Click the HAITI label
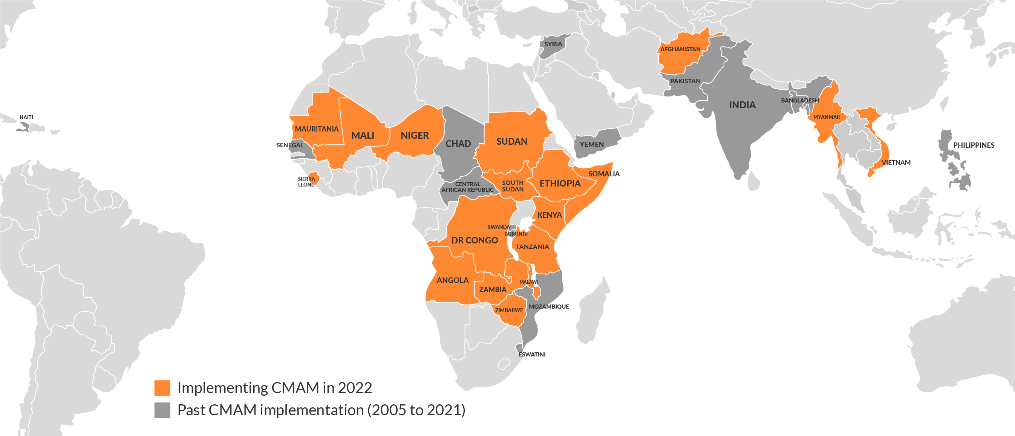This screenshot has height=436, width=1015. pyautogui.click(x=26, y=117)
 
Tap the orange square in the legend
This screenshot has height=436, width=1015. pyautogui.click(x=162, y=388)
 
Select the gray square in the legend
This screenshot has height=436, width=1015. pyautogui.click(x=162, y=410)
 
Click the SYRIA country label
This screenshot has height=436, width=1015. pyautogui.click(x=553, y=44)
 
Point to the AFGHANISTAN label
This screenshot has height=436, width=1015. pyautogui.click(x=680, y=49)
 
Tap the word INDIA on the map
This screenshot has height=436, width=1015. pyautogui.click(x=742, y=105)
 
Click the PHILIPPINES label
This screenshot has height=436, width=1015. pyautogui.click(x=974, y=145)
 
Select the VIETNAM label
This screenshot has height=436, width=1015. pyautogui.click(x=896, y=162)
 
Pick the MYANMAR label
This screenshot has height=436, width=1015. pyautogui.click(x=827, y=117)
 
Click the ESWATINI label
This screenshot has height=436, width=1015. pyautogui.click(x=532, y=354)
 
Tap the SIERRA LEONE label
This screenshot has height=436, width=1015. pyautogui.click(x=306, y=182)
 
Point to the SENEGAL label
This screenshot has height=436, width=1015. pyautogui.click(x=290, y=145)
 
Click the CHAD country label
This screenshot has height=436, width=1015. pyautogui.click(x=458, y=144)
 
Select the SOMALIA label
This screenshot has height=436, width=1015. pyautogui.click(x=604, y=174)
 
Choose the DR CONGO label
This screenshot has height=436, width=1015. pyautogui.click(x=475, y=240)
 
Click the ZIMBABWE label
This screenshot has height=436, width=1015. pyautogui.click(x=509, y=310)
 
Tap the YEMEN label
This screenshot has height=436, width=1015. pyautogui.click(x=591, y=144)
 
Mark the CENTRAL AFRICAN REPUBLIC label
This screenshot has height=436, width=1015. pyautogui.click(x=467, y=187)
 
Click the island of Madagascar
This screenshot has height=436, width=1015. pyautogui.click(x=592, y=311)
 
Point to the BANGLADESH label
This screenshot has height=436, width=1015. pyautogui.click(x=800, y=101)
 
